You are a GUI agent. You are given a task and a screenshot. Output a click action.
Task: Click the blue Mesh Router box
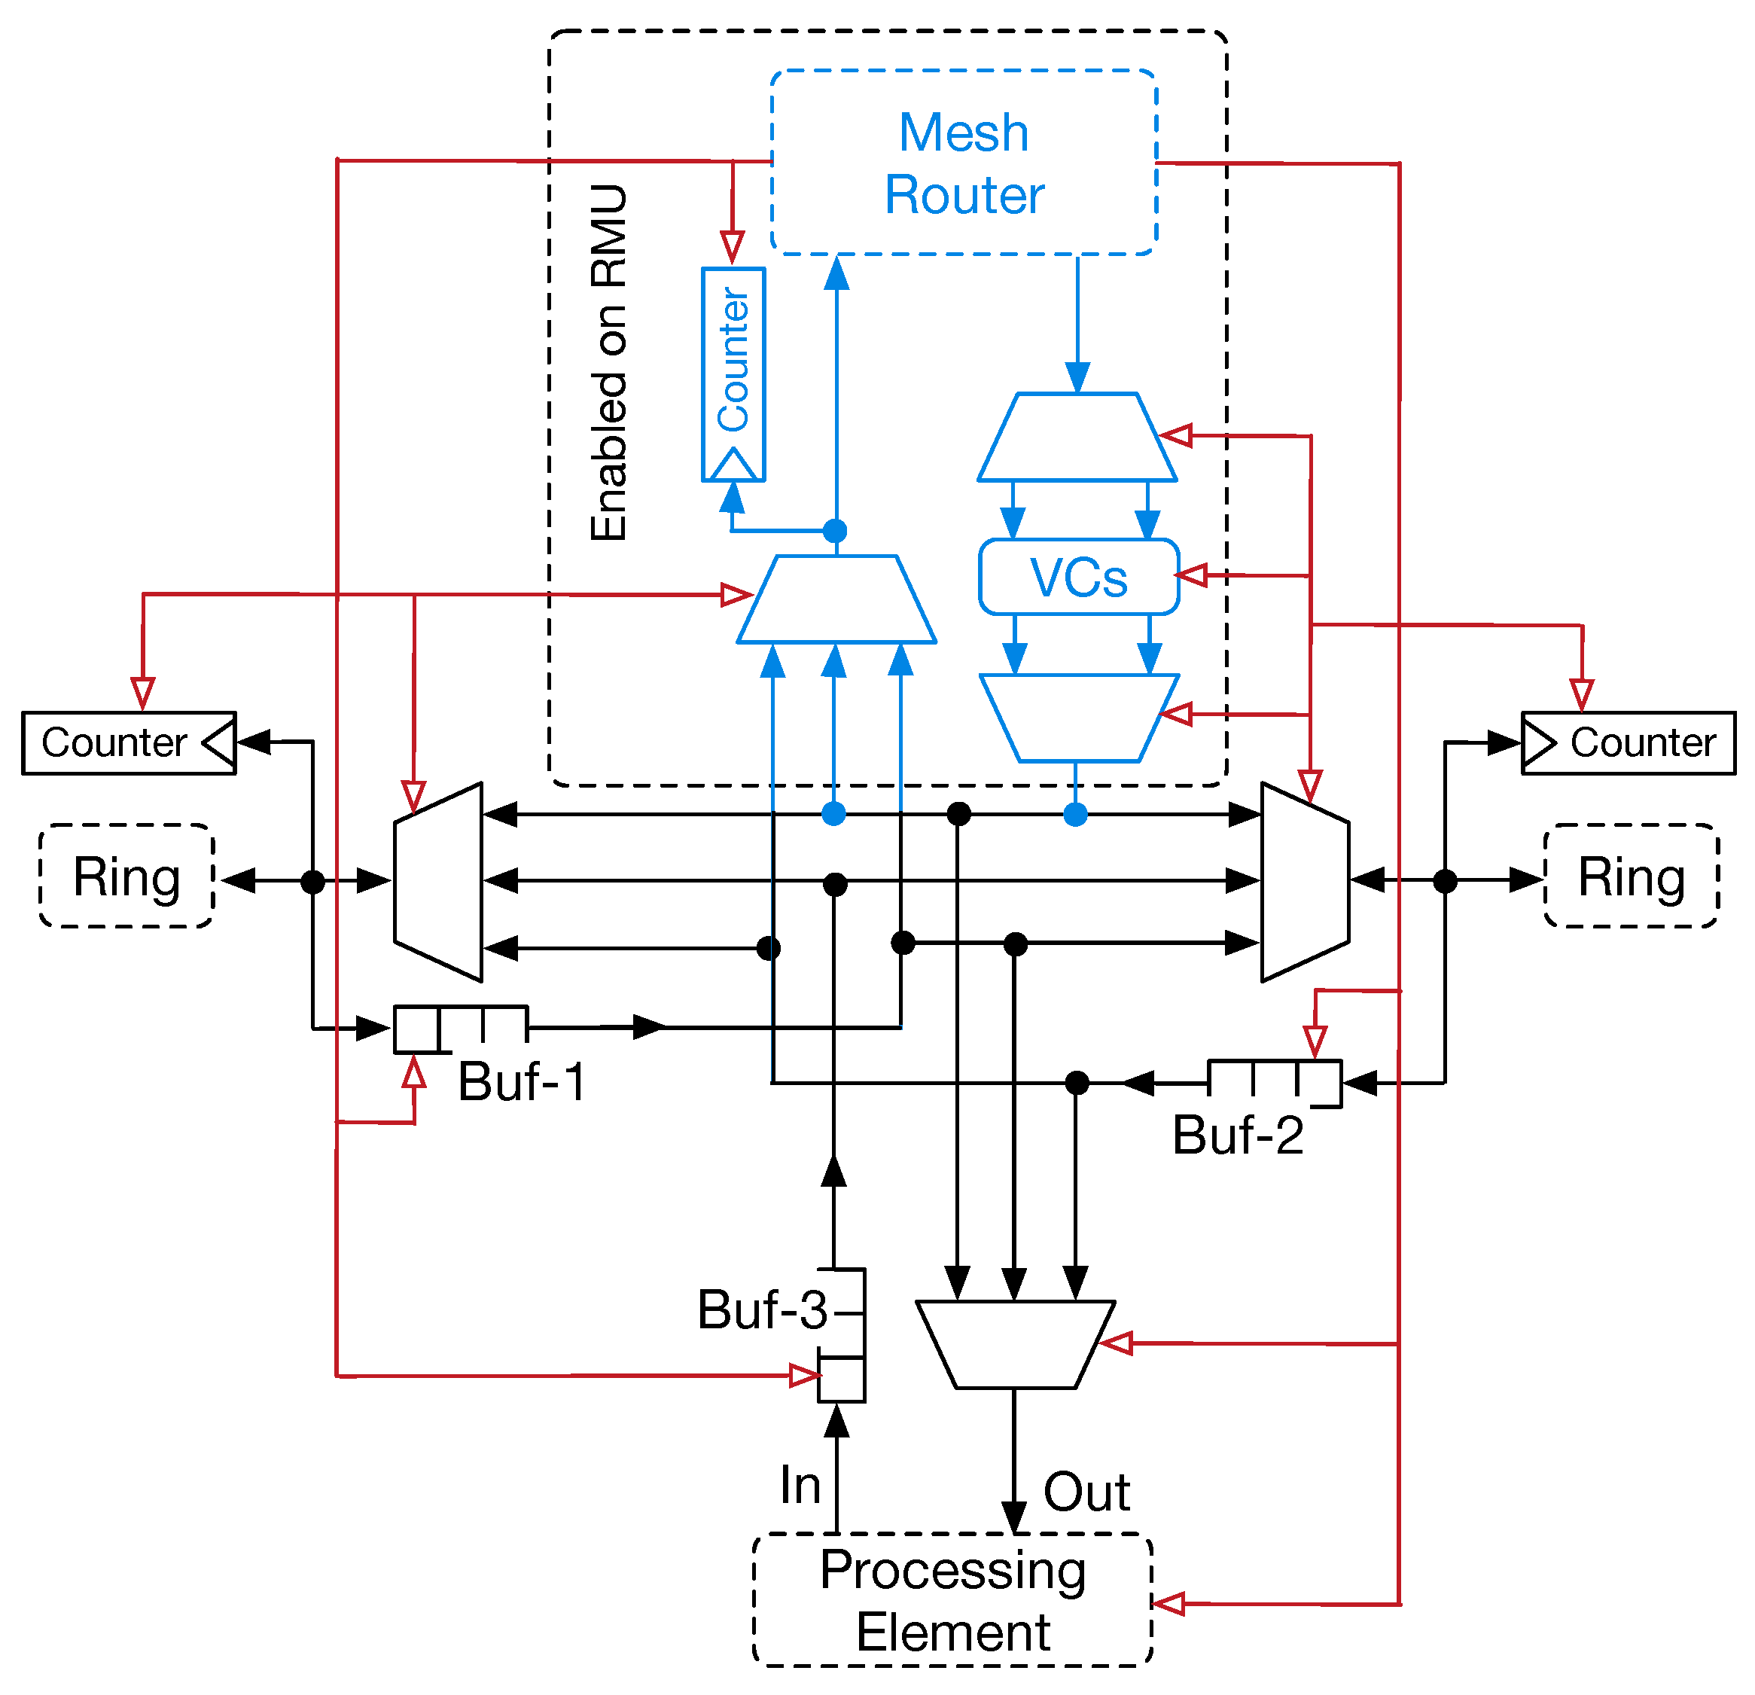coord(964,162)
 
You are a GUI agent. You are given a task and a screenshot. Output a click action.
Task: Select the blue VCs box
coord(1078,578)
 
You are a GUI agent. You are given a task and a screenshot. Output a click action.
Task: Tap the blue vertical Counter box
coord(733,374)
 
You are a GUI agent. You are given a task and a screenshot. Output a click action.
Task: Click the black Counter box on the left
coord(129,743)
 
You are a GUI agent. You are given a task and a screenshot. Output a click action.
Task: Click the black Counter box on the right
coord(1628,743)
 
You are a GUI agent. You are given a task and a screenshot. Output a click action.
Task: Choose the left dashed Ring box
coord(126,876)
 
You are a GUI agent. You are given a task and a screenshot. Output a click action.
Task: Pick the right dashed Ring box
coord(1631,876)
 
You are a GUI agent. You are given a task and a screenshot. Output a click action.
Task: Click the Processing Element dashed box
coord(952,1600)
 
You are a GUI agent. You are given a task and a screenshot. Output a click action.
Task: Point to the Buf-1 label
coord(522,1081)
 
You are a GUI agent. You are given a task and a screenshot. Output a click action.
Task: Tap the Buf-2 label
coord(1238,1136)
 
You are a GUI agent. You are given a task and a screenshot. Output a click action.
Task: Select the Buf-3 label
coord(762,1310)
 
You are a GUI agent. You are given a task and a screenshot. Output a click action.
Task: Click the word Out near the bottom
coord(1086,1492)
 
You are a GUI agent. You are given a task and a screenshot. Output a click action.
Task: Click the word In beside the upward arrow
coord(800,1486)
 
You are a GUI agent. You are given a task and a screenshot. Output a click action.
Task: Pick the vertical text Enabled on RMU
coord(609,363)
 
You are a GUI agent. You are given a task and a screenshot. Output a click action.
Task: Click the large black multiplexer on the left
coord(439,882)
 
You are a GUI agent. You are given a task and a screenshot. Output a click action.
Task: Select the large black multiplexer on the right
coord(1305,882)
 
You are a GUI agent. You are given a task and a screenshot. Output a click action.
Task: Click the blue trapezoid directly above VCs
coord(1077,437)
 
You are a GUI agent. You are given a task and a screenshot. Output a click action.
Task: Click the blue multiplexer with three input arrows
coord(836,600)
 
